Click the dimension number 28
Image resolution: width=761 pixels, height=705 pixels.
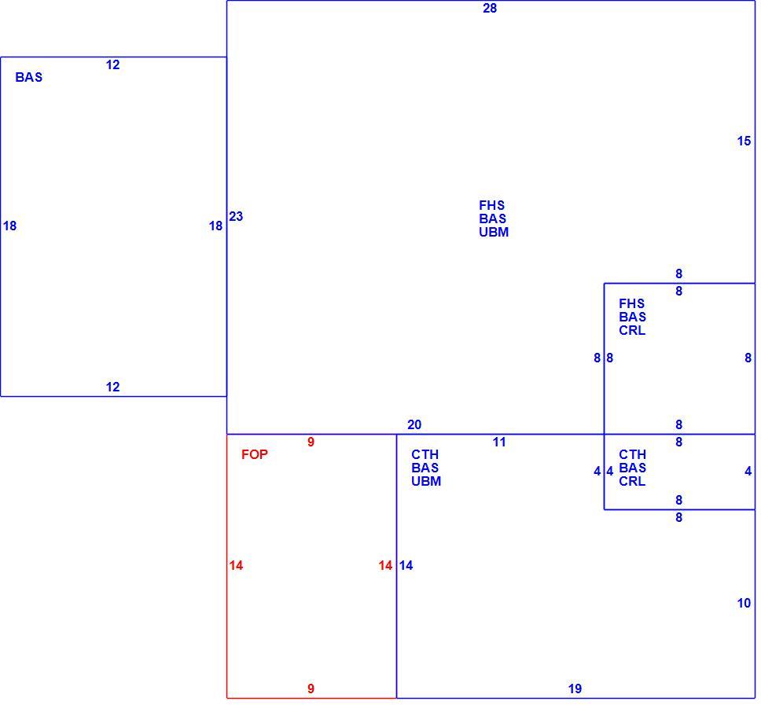click(x=490, y=8)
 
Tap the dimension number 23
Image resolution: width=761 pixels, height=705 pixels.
click(x=236, y=216)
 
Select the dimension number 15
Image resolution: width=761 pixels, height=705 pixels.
click(x=744, y=141)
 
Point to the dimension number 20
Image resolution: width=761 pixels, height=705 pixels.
click(x=414, y=425)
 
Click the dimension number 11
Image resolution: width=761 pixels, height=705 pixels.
click(x=499, y=442)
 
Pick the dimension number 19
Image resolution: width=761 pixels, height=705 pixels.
click(x=575, y=689)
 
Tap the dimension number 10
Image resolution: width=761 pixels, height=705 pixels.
click(x=744, y=603)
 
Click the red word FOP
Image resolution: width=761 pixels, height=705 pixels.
click(x=255, y=454)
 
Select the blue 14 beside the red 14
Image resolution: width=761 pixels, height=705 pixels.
click(x=406, y=566)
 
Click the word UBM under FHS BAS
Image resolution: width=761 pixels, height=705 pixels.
click(x=494, y=233)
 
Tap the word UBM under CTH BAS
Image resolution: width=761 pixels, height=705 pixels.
click(x=426, y=481)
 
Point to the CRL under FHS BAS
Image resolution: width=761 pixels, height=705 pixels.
click(x=632, y=330)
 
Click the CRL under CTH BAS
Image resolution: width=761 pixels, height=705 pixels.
click(x=632, y=481)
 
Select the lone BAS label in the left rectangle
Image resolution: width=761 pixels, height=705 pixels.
click(x=29, y=77)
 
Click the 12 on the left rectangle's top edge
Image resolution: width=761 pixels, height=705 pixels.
click(x=113, y=65)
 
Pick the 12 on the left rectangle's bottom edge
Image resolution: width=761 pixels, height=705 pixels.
click(x=113, y=387)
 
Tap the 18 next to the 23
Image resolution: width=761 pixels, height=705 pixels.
click(x=216, y=226)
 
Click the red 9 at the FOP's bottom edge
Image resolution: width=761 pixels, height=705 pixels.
click(x=311, y=689)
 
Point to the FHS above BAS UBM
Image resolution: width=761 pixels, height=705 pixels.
click(x=491, y=205)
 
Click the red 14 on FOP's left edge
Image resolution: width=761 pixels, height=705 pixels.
click(x=237, y=566)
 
